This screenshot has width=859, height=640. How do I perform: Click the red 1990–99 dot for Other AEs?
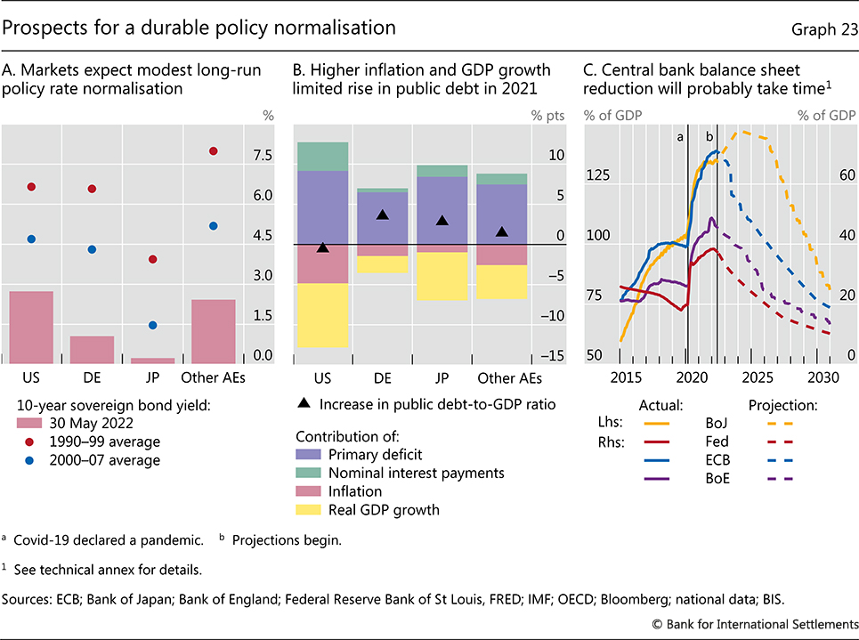tap(214, 151)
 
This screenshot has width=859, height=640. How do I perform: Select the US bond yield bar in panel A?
tap(31, 327)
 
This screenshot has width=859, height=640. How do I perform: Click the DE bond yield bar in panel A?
tap(93, 349)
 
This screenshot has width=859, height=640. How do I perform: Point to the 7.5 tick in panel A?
tap(263, 156)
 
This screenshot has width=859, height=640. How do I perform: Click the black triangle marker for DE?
tap(383, 215)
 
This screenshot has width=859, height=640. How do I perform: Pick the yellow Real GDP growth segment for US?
tap(322, 315)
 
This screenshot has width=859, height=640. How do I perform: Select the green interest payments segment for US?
tap(322, 157)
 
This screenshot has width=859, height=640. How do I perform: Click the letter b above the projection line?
tap(710, 137)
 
